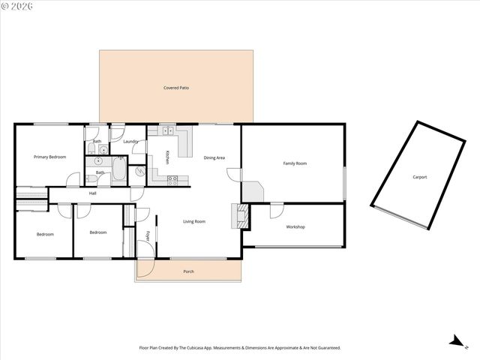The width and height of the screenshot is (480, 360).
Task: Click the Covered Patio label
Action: coord(176,88)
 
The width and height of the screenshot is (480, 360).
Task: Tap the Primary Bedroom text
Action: coord(49,157)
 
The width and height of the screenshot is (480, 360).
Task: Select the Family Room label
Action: coord(295,163)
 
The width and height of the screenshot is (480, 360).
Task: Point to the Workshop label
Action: coord(295,226)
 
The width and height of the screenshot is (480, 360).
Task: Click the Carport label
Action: coord(419,177)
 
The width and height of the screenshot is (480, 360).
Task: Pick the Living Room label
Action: coord(194,221)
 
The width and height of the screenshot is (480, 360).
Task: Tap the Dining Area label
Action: coord(215,157)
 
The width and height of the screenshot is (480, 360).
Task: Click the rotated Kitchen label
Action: coord(167,157)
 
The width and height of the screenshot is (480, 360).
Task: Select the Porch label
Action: coord(188,271)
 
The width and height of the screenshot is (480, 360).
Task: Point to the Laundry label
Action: coord(130,141)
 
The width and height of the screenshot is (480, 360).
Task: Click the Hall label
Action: coord(93,193)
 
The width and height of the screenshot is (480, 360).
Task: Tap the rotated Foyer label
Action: coord(148,237)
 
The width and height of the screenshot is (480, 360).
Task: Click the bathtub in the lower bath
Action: coord(120,172)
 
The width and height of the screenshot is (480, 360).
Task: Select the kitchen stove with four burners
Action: coord(172,178)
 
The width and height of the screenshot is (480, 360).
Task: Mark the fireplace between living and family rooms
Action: coord(242,216)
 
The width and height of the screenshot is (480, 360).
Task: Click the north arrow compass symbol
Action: coord(455,341)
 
